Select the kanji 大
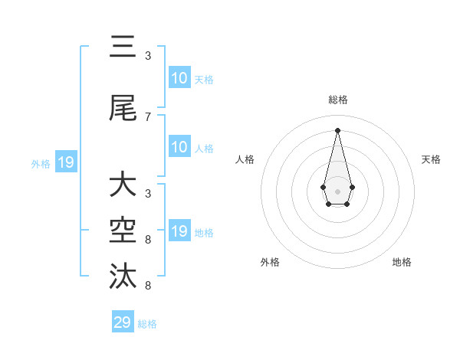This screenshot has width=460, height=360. (x=123, y=185)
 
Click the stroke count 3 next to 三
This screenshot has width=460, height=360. (x=148, y=55)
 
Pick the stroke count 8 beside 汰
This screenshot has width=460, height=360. (x=148, y=286)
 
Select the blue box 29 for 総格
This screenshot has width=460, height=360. (x=123, y=322)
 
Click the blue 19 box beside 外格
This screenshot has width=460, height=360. (x=65, y=162)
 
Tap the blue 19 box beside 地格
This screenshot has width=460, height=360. (x=179, y=231)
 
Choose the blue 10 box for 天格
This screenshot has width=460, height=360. (x=179, y=78)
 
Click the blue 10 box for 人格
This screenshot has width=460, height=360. (x=179, y=147)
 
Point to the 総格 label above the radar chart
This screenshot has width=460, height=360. (x=338, y=100)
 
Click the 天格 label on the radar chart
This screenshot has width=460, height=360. (x=431, y=159)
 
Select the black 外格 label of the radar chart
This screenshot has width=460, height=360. (x=270, y=262)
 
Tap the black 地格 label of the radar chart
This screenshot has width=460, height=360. (x=402, y=262)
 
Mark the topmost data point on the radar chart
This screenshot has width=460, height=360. (x=337, y=129)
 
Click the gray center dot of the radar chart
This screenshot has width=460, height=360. (x=337, y=191)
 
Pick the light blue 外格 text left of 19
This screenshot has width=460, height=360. (x=41, y=163)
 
